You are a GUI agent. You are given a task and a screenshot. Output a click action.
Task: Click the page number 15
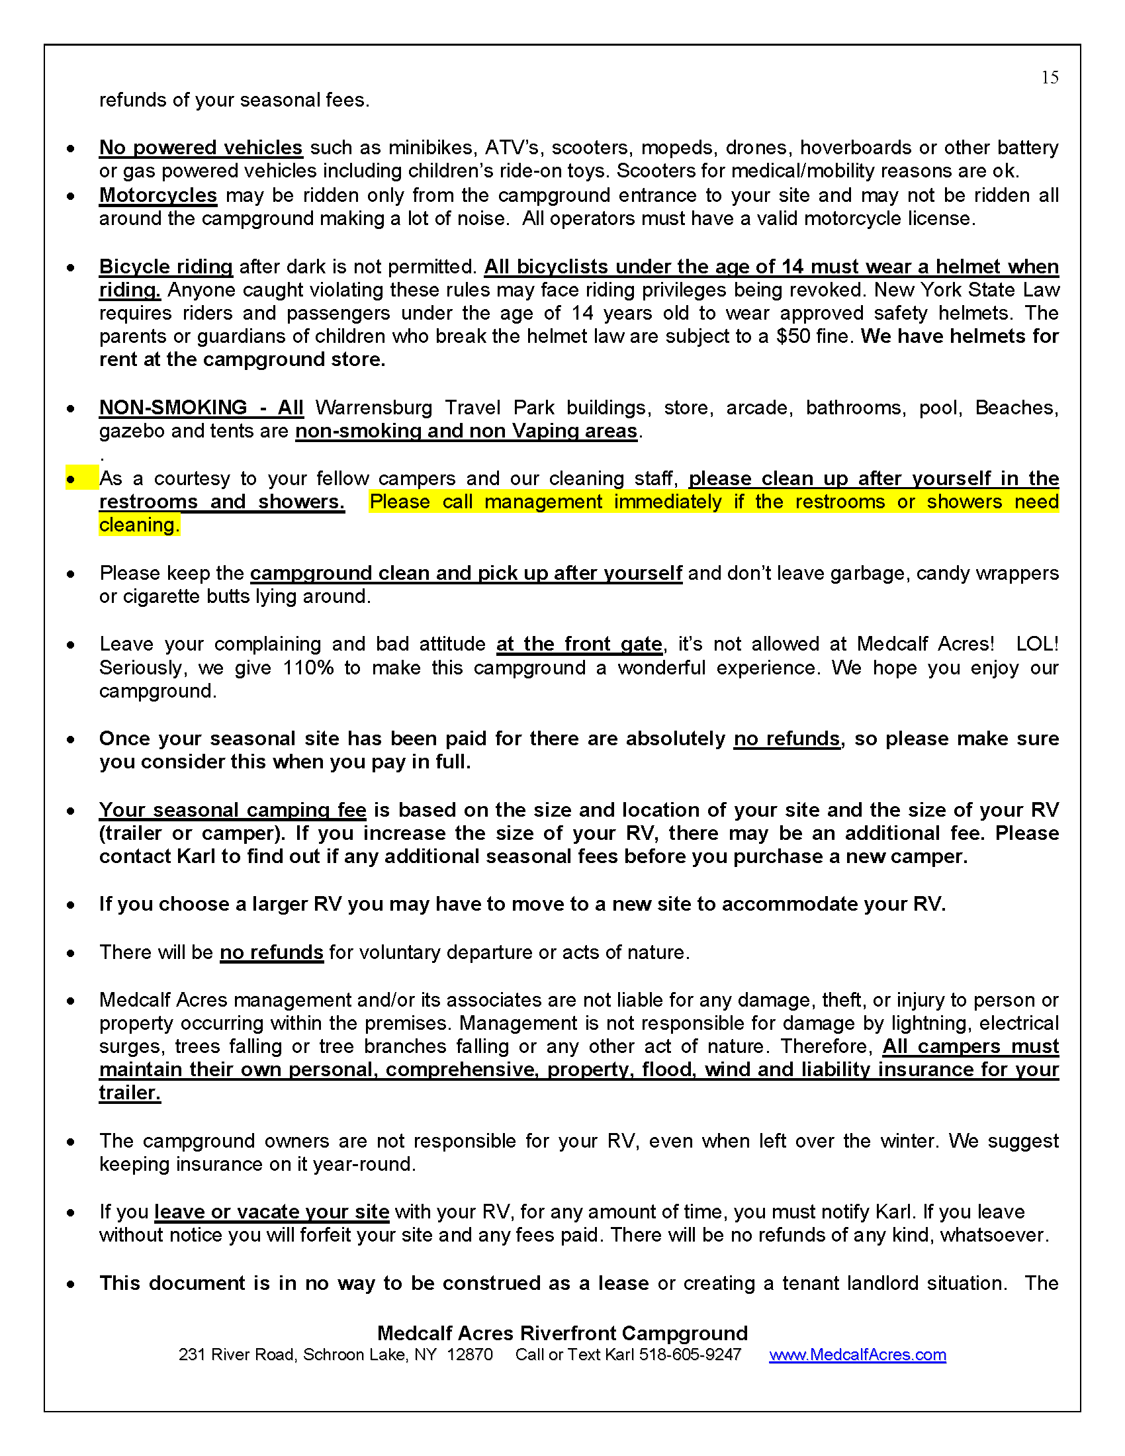point(1050,78)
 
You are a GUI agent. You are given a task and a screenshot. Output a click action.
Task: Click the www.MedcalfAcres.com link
point(857,1355)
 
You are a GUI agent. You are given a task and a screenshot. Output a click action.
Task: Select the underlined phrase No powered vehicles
point(201,148)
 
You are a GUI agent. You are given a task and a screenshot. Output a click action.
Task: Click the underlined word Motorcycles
point(158,195)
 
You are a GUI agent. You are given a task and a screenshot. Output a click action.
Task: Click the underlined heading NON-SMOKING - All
point(201,407)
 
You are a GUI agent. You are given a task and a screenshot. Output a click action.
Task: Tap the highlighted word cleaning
point(138,525)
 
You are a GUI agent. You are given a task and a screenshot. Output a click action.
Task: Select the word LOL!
point(1037,644)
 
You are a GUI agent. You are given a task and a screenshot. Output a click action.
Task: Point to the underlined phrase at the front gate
point(579,644)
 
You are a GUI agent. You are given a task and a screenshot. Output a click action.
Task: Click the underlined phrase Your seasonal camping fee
point(232,810)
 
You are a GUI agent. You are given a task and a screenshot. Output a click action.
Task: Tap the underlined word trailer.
point(130,1093)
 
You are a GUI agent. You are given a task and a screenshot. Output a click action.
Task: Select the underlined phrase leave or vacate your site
point(271,1212)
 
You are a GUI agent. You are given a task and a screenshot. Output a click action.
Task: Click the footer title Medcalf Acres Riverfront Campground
point(562,1333)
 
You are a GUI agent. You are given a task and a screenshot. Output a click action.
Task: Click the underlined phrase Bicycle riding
point(166,267)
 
